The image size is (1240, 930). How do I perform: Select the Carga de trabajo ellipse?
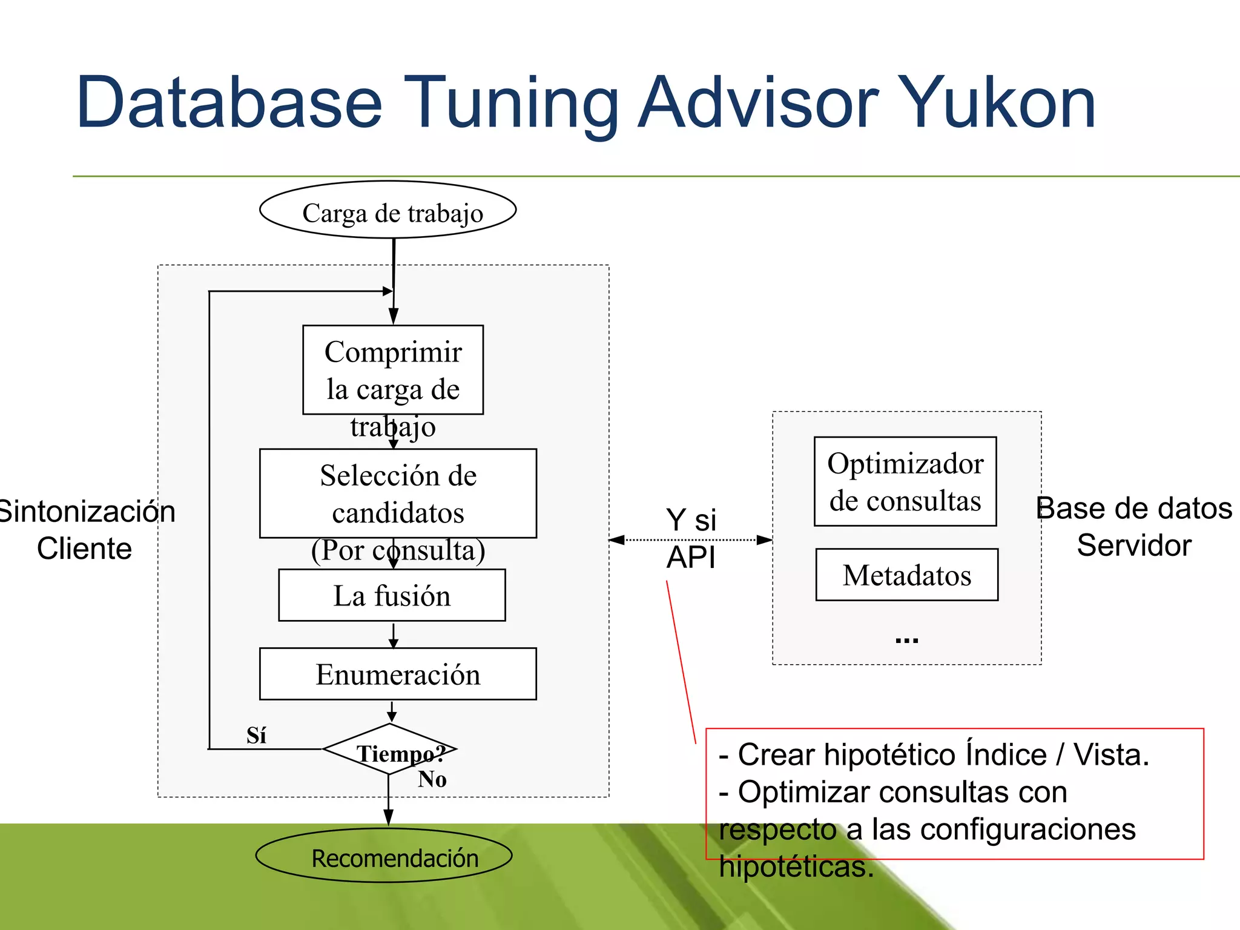point(388,210)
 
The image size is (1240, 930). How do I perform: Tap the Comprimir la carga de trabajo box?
point(393,370)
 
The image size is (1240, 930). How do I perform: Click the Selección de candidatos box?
point(398,493)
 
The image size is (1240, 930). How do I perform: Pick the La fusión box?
point(392,595)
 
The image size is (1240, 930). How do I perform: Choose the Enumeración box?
point(398,674)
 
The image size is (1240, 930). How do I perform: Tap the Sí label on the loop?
point(256,735)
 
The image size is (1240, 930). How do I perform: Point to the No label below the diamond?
point(432,779)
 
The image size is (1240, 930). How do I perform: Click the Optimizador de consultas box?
point(905,481)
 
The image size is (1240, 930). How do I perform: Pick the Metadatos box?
point(906,575)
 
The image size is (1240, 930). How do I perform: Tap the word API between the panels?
point(691,557)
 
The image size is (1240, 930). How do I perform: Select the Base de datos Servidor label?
point(1134,526)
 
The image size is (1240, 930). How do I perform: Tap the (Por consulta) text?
point(398,550)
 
